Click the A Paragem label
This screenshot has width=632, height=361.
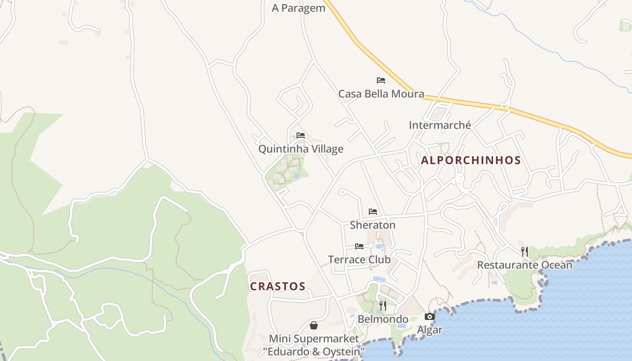[298, 8]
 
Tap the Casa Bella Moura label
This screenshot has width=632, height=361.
[381, 94]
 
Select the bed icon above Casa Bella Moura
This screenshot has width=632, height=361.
[381, 80]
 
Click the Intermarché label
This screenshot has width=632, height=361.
[440, 125]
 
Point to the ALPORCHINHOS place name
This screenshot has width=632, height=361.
[471, 160]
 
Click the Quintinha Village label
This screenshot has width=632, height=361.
[301, 149]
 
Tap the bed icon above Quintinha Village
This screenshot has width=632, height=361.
[301, 135]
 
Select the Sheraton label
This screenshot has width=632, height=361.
[372, 225]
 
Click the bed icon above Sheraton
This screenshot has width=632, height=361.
[372, 211]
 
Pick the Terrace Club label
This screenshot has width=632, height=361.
[359, 259]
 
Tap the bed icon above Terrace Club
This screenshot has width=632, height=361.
[359, 246]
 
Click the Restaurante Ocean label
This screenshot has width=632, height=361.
[525, 265]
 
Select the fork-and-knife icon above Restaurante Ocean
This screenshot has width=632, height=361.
[525, 252]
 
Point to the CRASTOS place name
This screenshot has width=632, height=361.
[278, 287]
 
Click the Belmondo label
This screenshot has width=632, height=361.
[383, 319]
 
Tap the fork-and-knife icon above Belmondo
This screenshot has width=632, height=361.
[383, 306]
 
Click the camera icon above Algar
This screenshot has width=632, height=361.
[430, 317]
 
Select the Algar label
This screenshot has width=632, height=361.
[430, 330]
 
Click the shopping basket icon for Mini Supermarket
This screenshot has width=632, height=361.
[314, 325]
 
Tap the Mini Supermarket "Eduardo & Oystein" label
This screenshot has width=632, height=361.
[314, 345]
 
